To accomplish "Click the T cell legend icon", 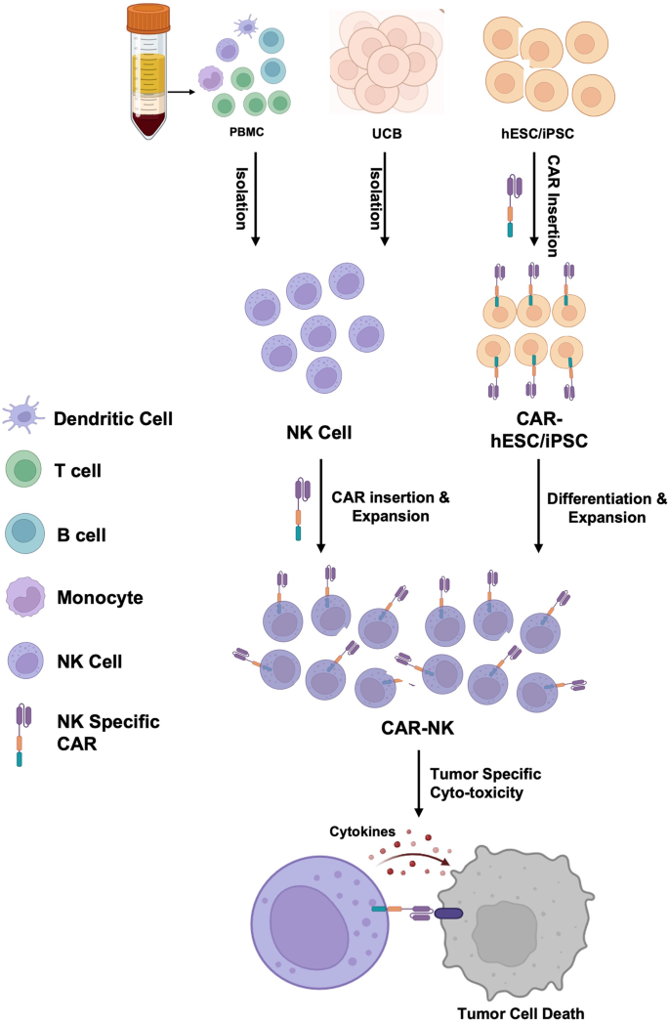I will (x=22, y=470).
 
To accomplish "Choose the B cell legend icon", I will (x=22, y=534).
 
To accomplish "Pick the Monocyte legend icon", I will (x=24, y=597).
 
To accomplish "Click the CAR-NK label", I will (x=417, y=728).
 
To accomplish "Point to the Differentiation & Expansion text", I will (x=605, y=508).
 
